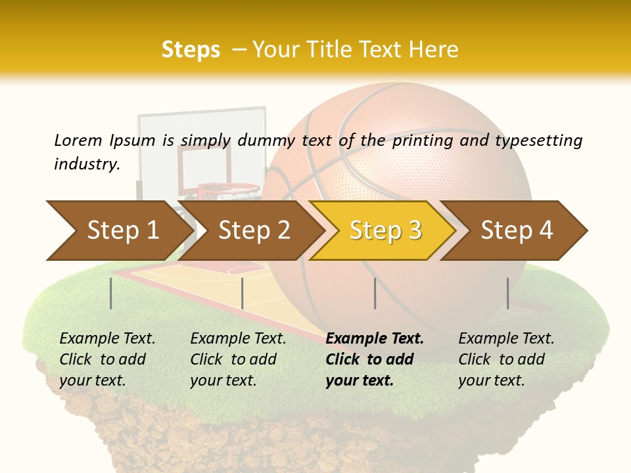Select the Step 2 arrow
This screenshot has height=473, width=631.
253,231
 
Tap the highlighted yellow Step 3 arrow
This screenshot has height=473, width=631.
385,231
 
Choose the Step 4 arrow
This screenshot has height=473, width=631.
516,231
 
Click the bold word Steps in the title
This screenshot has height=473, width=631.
191,50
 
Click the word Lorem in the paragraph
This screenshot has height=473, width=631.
78,140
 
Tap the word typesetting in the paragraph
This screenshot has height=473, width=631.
538,141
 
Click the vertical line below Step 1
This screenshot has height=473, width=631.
111,293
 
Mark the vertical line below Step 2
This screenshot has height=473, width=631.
243,293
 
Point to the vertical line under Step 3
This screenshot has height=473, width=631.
375,293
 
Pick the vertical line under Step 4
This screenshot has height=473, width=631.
507,293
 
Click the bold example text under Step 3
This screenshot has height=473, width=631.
373,359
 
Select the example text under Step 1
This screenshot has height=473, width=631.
106,359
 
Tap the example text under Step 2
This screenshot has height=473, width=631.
237,359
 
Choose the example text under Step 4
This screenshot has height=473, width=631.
505,359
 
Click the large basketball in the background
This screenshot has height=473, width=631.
421,164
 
